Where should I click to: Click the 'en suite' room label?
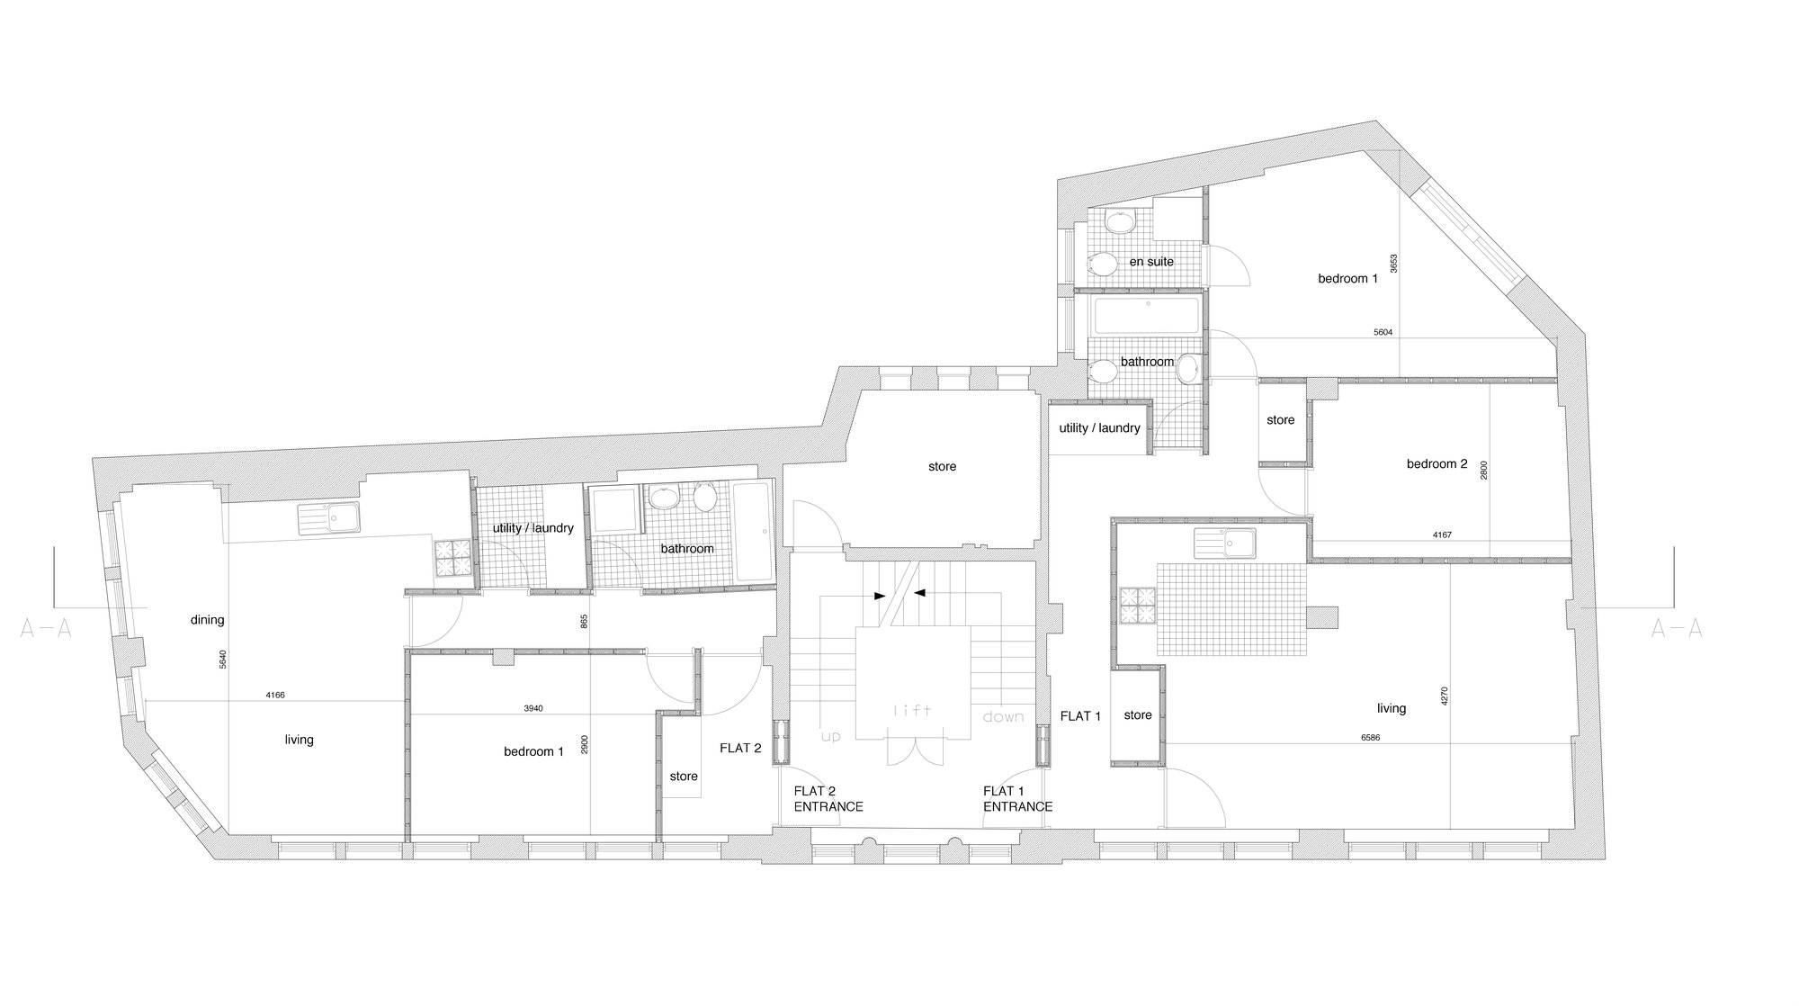click(x=1151, y=262)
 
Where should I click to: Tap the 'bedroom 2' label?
click(x=1437, y=464)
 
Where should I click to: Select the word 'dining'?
click(x=207, y=620)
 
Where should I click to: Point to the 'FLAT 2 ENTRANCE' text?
click(x=828, y=799)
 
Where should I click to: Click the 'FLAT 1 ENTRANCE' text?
click(x=1017, y=799)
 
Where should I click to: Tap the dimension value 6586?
click(x=1371, y=738)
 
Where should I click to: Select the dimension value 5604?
click(x=1383, y=332)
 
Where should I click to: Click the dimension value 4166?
click(x=275, y=695)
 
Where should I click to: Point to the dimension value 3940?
click(x=533, y=708)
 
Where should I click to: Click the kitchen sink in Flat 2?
click(x=328, y=516)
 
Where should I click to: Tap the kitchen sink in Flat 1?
click(x=1225, y=543)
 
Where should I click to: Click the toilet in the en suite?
click(x=1097, y=263)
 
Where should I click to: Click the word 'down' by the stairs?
click(x=1003, y=717)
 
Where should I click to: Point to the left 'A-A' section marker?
click(x=45, y=630)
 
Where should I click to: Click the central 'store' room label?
click(x=942, y=467)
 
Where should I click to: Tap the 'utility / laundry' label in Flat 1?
click(x=1099, y=428)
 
